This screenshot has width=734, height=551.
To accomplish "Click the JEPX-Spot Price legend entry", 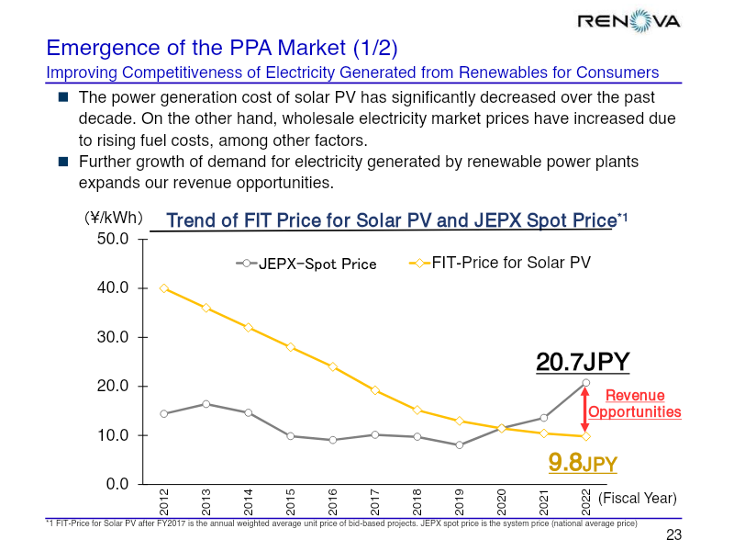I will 306,264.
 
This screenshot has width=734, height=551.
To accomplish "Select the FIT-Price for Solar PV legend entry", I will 499,264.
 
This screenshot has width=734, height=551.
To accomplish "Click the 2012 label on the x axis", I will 164,501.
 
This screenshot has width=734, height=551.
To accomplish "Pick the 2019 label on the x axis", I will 460,501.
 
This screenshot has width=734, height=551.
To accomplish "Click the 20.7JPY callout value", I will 583,362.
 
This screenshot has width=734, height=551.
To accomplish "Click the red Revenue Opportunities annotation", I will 635,403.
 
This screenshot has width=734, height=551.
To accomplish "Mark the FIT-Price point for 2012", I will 164,288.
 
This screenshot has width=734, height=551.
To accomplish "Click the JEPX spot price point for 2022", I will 585,383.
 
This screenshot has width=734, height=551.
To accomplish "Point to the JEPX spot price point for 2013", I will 206,404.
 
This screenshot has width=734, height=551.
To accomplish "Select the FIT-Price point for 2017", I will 375,390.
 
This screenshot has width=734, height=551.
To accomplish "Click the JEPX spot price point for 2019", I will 460,444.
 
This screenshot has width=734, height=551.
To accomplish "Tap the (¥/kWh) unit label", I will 108,219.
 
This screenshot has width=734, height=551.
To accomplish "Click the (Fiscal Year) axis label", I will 638,498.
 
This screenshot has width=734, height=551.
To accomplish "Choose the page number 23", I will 673,535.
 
